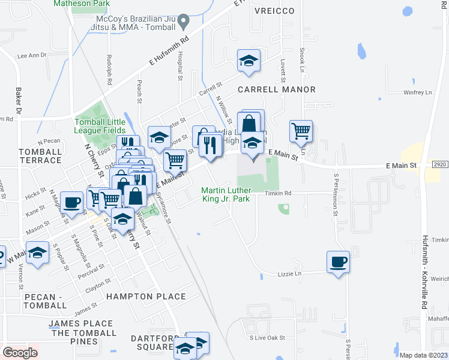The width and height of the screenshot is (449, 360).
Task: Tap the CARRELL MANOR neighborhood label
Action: pos(277,89)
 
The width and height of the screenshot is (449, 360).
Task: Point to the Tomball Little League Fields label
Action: pos(100,125)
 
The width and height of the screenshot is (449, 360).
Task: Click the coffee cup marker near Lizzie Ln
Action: pos(338,262)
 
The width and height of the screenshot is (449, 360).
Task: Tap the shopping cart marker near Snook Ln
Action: pos(301,130)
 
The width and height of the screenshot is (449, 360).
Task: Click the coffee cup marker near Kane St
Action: pos(73,202)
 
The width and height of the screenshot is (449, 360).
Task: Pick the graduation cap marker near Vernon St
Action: pos(37,253)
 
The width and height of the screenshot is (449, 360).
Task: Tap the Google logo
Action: pos(20,352)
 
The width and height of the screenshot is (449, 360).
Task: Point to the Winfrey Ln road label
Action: pos(418,92)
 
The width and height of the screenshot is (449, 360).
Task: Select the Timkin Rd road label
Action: pos(279,193)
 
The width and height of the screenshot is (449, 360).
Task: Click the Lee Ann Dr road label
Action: pos(32,55)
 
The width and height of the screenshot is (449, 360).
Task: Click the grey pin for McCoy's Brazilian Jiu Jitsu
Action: pos(185,22)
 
